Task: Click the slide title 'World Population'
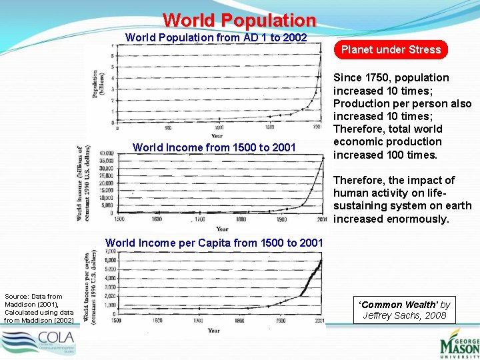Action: coord(239,20)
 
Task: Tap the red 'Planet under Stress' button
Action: coord(391,49)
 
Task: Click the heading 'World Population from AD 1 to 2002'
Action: coord(217,37)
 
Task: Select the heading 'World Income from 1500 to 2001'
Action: coord(214,147)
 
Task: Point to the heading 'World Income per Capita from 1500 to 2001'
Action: coord(214,243)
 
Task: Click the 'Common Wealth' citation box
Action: coord(406,309)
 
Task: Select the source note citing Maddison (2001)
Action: coord(39,308)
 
